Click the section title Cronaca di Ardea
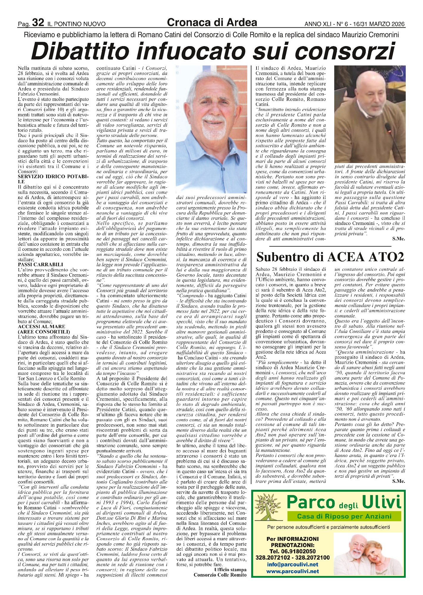pyautogui.click(x=212, y=22)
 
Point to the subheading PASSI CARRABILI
pyautogui.click(x=41, y=264)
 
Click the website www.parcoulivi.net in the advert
pyautogui.click(x=293, y=571)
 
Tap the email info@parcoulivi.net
pyautogui.click(x=293, y=564)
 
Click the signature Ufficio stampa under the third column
pyautogui.click(x=230, y=569)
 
